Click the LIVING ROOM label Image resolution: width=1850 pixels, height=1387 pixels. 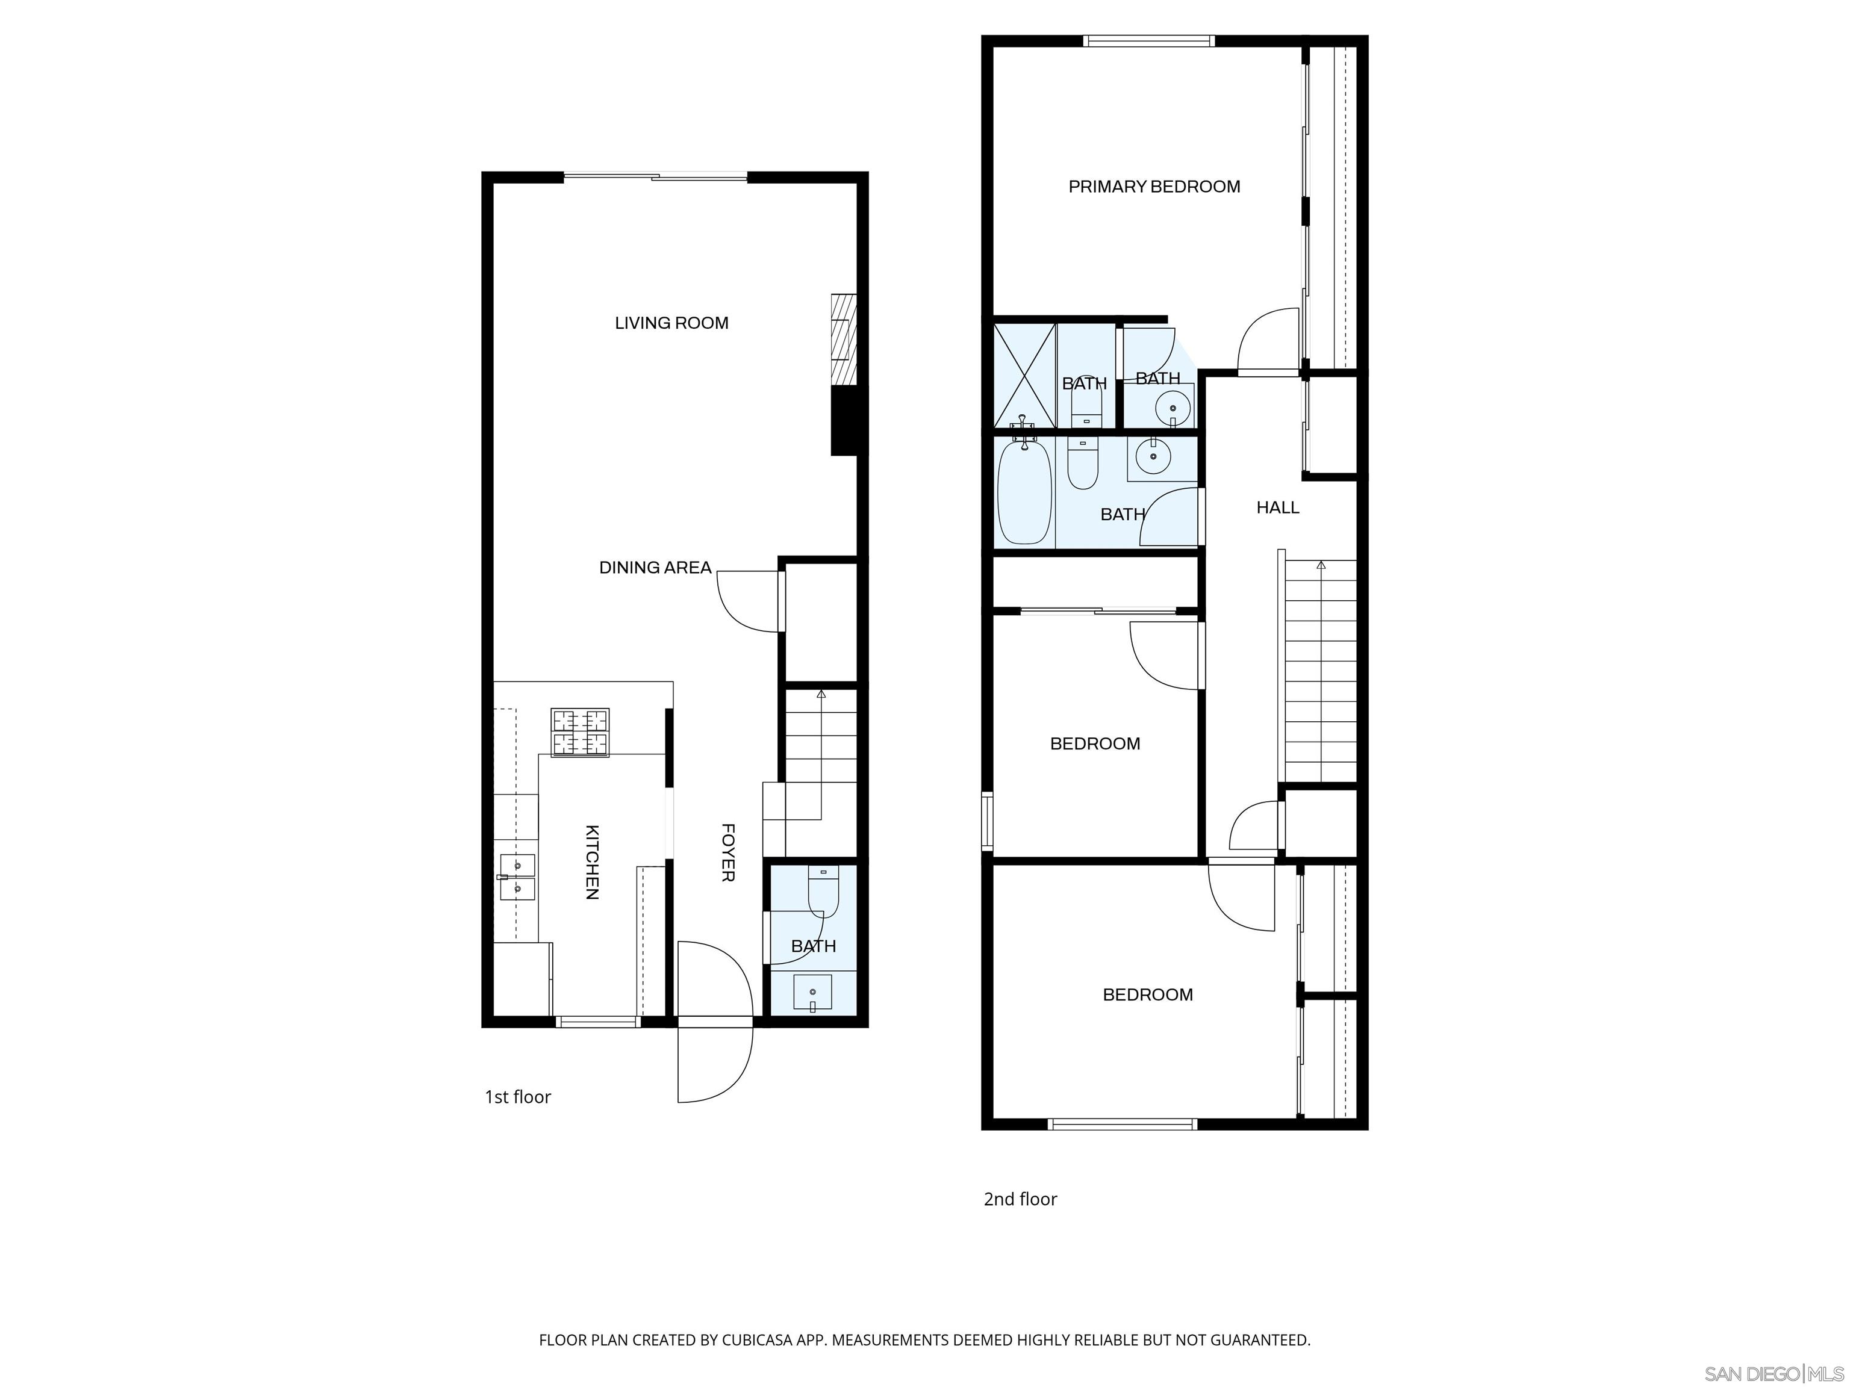pos(671,323)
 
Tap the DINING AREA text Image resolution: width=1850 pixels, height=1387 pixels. pos(655,568)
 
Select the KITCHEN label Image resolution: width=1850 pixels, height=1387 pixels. pos(592,862)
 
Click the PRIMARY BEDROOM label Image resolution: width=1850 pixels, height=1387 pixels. pos(1154,187)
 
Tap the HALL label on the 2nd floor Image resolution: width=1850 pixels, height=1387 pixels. pos(1277,507)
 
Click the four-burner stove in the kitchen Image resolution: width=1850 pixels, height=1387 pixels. pos(579,733)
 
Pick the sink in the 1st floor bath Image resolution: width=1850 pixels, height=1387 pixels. pos(812,991)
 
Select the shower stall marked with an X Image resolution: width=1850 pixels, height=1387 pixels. pos(1024,376)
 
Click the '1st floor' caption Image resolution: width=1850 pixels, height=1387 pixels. pos(518,1097)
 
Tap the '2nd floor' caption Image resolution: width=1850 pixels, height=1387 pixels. pos(1020,1199)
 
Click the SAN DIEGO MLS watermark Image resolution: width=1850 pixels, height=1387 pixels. pos(1773,1374)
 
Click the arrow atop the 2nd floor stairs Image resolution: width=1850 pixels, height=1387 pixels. pos(1321,566)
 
